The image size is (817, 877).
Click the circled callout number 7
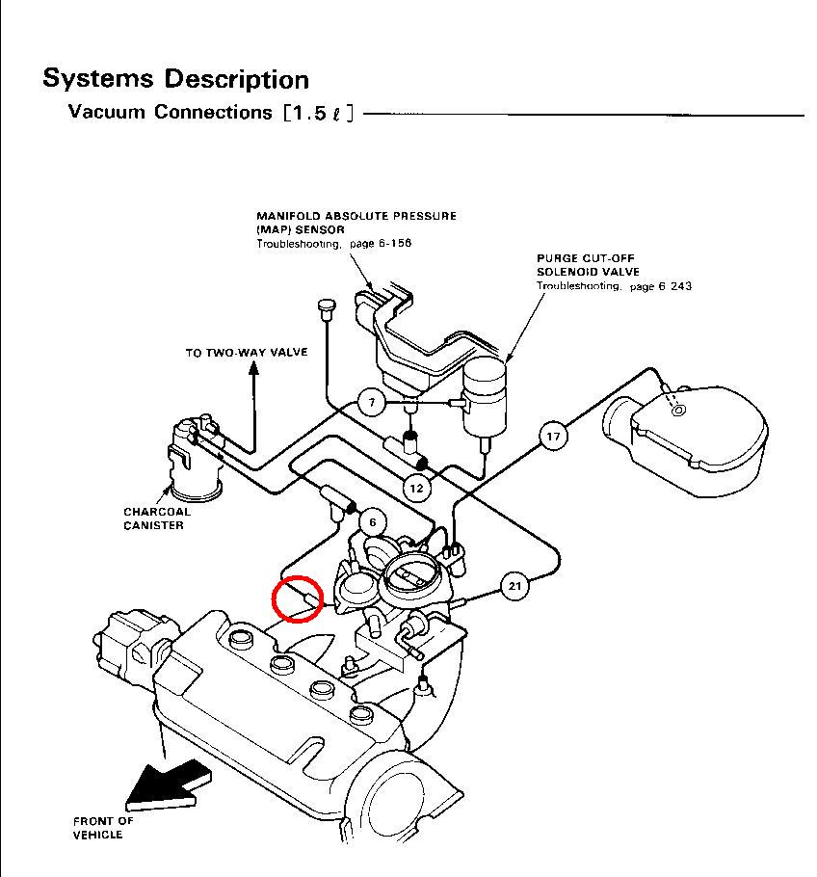click(373, 403)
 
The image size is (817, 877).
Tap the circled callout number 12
click(416, 488)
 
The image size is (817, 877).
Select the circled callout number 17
click(553, 437)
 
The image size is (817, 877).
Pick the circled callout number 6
click(373, 522)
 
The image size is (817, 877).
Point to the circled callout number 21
click(514, 586)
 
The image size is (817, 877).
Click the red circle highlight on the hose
click(297, 598)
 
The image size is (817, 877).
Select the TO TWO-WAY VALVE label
click(247, 353)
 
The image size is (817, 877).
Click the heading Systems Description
click(175, 79)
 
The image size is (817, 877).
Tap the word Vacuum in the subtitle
click(107, 112)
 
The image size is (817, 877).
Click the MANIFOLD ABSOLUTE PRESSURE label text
click(356, 216)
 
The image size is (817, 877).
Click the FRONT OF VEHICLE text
click(103, 828)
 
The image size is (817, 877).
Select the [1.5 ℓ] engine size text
click(319, 113)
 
